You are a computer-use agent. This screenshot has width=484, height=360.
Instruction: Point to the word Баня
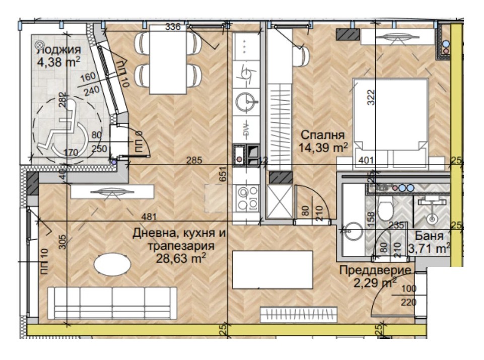(x=429, y=236)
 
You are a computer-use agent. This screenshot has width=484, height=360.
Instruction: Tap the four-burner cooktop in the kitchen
(x=246, y=198)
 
